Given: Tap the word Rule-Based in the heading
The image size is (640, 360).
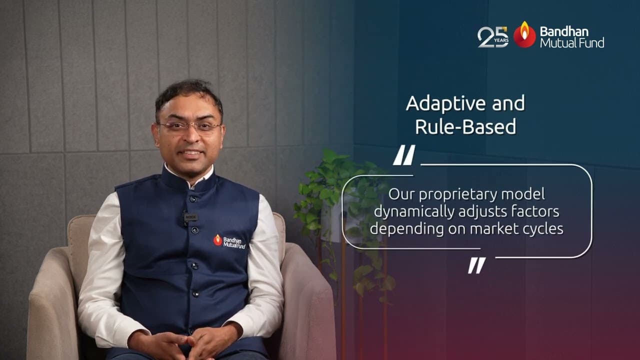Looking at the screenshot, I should tap(465, 126).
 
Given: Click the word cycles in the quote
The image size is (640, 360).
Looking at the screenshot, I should tap(544, 228).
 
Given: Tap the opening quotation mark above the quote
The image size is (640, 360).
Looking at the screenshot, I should tap(403, 155).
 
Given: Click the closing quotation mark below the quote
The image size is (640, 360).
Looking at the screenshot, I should tap(476, 265).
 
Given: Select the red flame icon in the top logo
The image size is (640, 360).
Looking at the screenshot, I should tap(524, 34).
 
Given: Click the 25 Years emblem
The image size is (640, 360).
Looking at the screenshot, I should tap(493, 37).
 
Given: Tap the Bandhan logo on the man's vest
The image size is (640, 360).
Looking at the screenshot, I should tap(229, 241).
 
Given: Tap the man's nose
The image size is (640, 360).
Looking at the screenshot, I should tap(190, 136).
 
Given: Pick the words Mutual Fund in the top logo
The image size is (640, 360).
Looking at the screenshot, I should tap(571, 43).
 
